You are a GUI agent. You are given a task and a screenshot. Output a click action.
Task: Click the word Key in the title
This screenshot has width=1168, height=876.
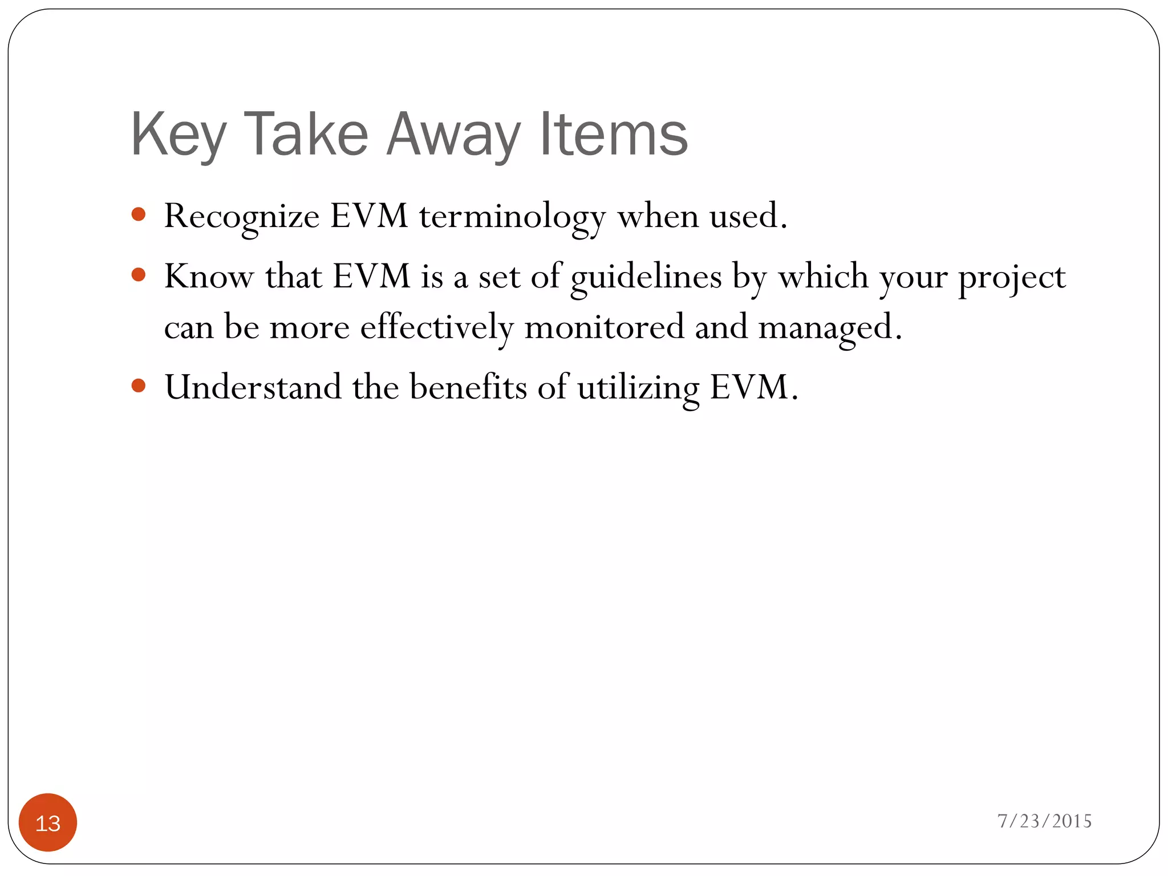179,135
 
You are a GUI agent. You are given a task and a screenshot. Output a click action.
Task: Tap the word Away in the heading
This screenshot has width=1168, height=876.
453,135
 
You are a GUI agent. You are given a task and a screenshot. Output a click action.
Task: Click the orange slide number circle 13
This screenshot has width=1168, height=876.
48,822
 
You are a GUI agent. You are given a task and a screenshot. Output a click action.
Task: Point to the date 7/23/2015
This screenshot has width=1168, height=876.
1044,821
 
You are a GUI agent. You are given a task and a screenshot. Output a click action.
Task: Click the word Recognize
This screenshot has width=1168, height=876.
242,217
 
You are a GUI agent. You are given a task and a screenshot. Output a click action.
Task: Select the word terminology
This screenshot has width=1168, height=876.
512,217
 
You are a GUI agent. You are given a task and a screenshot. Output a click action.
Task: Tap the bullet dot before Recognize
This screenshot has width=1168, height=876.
138,214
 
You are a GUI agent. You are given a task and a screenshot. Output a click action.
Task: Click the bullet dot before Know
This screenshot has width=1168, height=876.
138,275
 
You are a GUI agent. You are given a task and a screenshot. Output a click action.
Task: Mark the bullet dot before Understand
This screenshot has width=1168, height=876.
138,386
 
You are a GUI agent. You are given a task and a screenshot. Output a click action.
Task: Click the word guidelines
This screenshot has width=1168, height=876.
646,277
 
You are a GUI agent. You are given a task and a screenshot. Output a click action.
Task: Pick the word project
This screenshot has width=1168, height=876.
1011,277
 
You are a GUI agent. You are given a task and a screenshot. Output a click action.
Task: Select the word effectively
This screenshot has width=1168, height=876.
437,327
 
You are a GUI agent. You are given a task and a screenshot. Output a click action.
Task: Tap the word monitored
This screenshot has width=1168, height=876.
604,327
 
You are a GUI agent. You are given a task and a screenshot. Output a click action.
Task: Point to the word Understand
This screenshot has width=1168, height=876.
253,387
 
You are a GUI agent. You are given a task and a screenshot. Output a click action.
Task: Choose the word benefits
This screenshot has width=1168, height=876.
468,387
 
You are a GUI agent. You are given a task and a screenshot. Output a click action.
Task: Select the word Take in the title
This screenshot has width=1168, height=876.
306,135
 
